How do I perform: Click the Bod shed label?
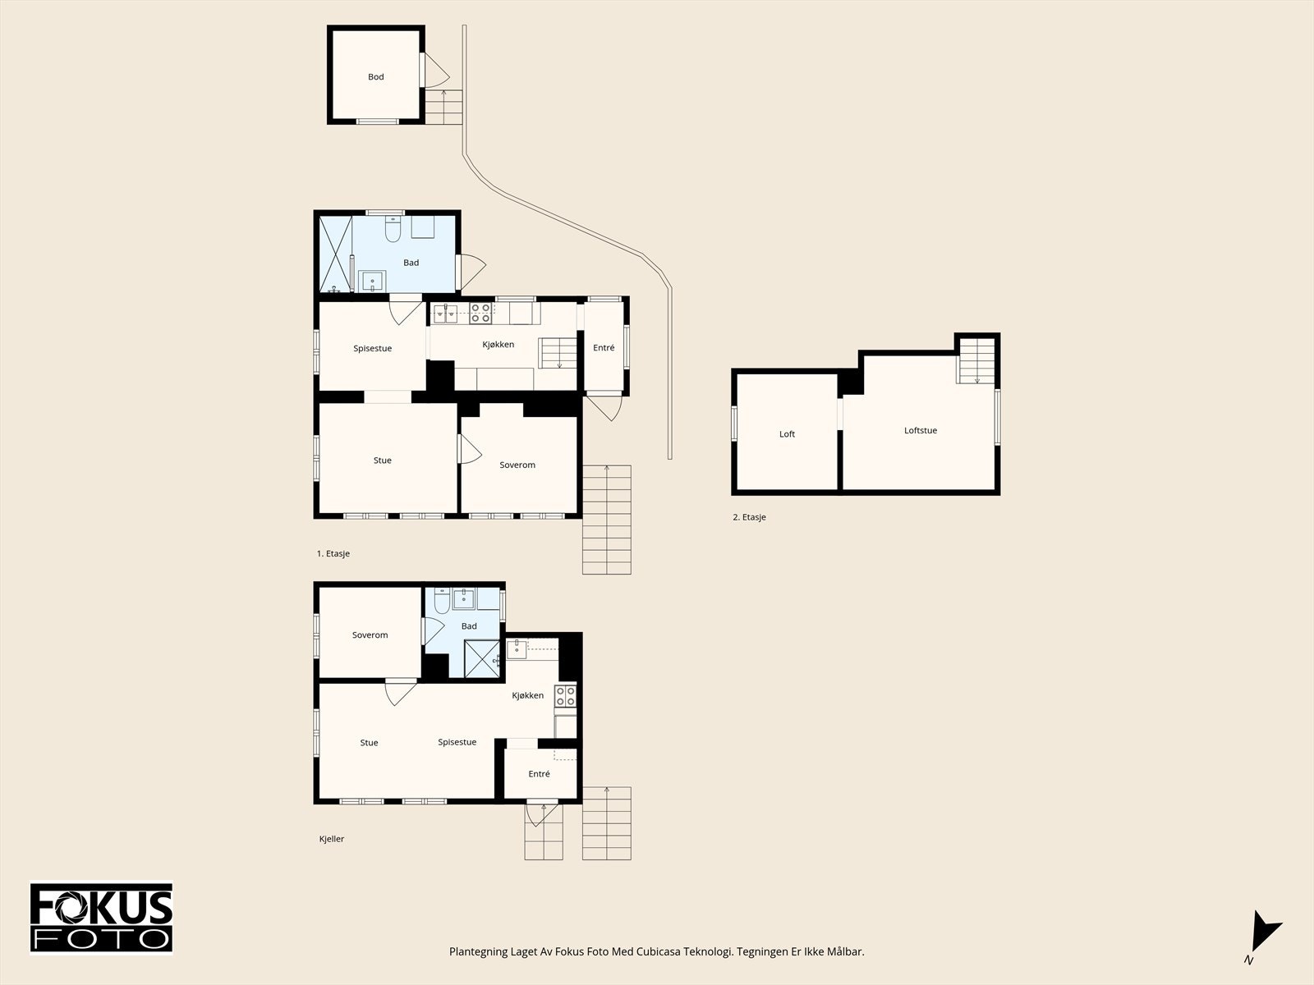click(375, 76)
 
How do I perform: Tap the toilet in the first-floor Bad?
click(393, 228)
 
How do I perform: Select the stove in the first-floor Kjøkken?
click(480, 314)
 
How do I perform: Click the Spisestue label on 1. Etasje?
click(372, 349)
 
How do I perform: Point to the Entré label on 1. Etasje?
click(604, 347)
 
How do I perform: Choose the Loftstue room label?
click(920, 430)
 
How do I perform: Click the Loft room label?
click(787, 434)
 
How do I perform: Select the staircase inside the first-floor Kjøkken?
click(558, 353)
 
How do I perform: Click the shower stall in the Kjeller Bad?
click(482, 659)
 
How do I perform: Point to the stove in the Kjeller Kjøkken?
click(565, 696)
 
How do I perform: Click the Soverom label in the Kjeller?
click(370, 635)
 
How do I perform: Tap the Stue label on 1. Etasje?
click(383, 460)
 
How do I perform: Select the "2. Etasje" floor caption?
click(749, 517)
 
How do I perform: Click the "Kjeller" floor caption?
click(332, 839)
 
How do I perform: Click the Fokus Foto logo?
click(101, 918)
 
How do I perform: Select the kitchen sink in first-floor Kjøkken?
click(445, 314)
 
